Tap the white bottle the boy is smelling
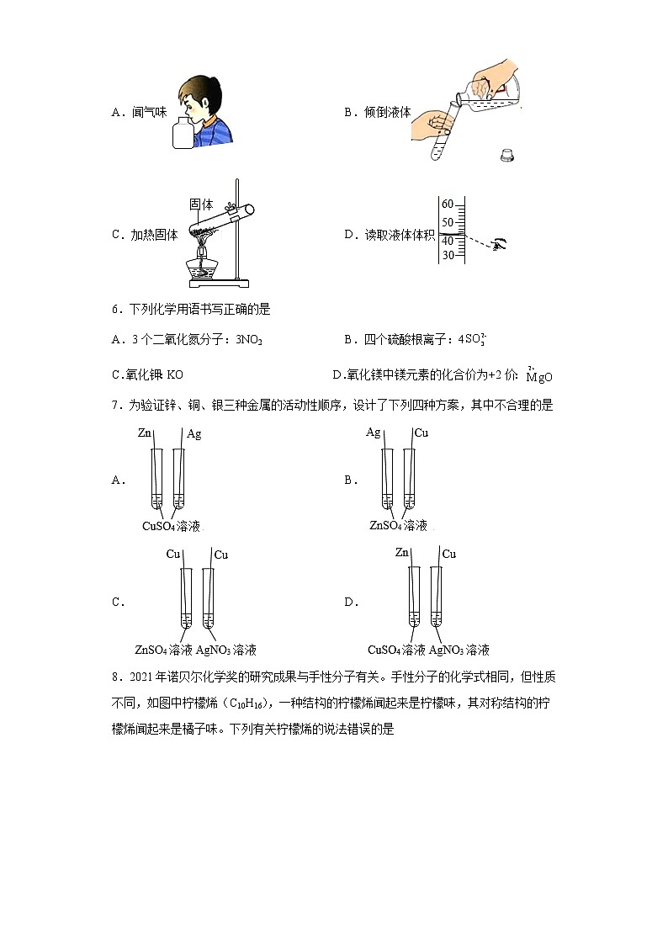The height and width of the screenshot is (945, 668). (x=183, y=134)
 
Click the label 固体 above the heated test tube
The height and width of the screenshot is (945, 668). (x=201, y=204)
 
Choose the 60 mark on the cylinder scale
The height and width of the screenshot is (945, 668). (x=448, y=204)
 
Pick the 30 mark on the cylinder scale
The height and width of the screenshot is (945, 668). (x=448, y=255)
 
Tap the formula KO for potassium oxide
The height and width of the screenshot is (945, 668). (x=175, y=374)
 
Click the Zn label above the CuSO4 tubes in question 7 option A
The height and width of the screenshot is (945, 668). (x=144, y=433)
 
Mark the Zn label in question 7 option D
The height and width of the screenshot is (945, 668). (x=402, y=553)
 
